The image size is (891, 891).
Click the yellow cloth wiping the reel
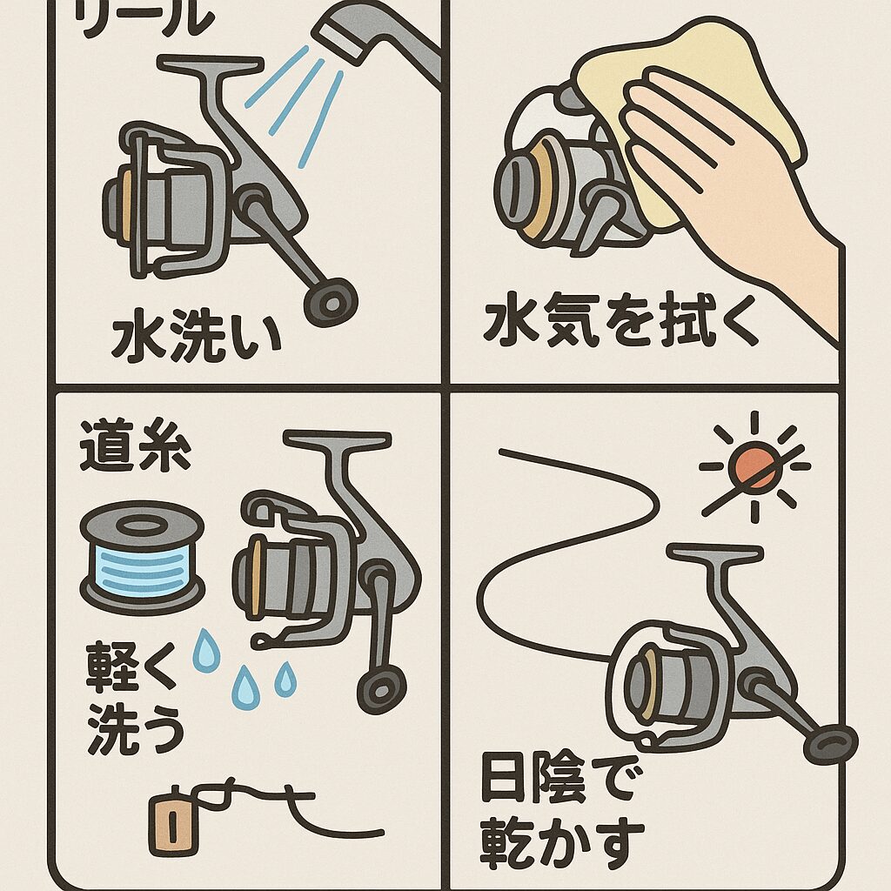tap(687, 104)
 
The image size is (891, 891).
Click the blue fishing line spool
tap(142, 555)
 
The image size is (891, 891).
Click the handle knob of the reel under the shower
tap(331, 300)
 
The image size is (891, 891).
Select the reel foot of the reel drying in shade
tap(713, 553)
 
